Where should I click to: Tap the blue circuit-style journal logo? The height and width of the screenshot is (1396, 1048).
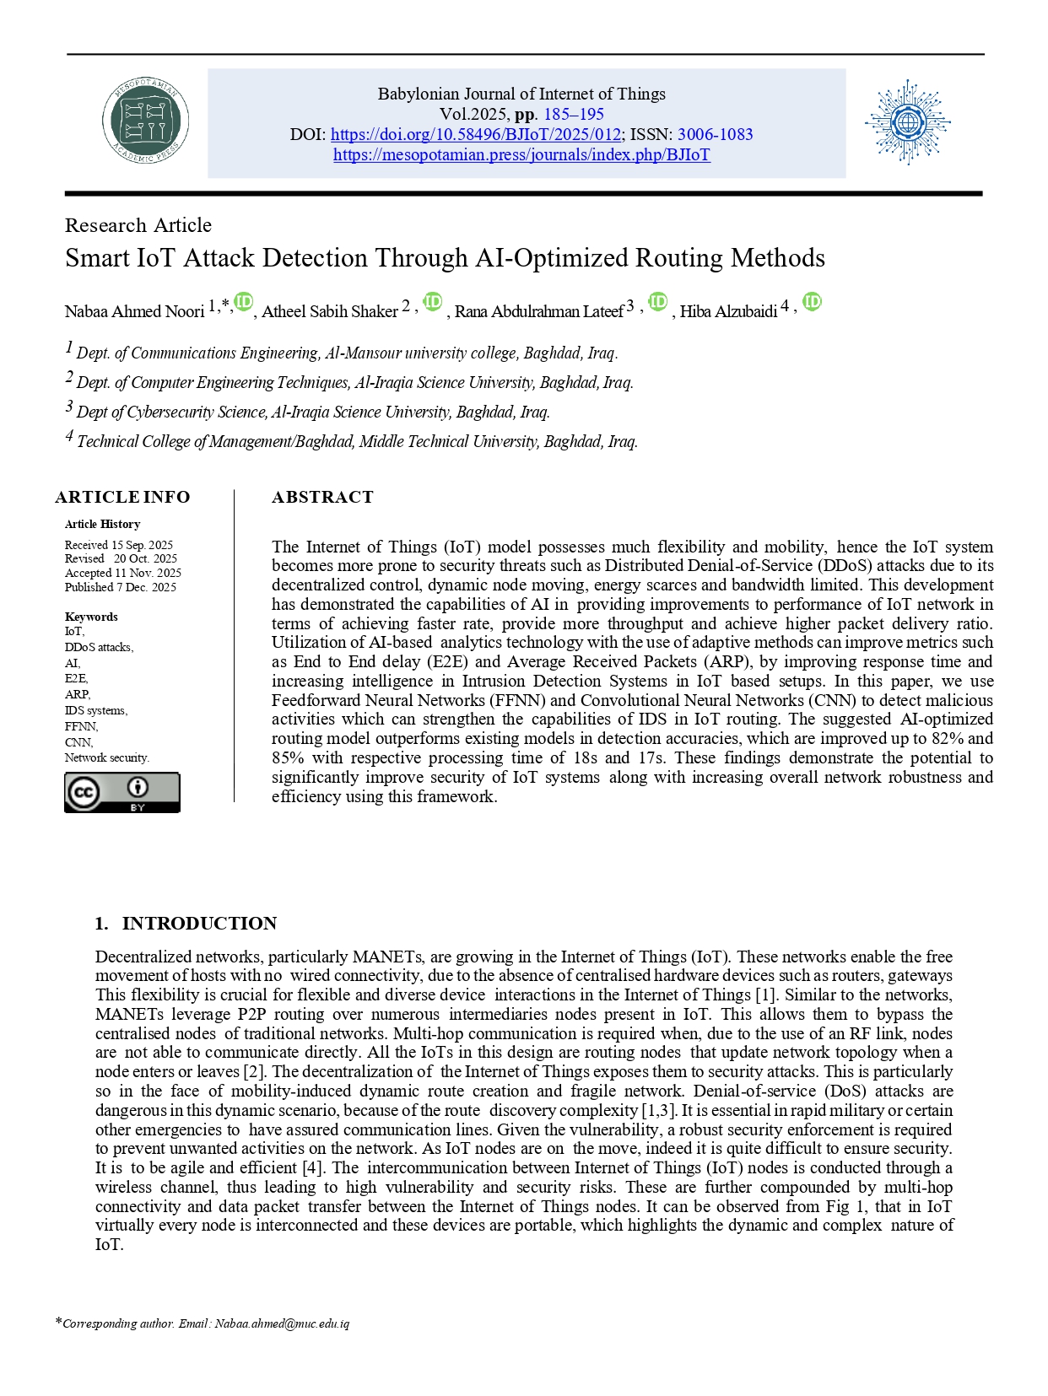[x=907, y=123]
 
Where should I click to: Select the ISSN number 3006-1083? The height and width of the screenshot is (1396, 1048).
[x=715, y=135]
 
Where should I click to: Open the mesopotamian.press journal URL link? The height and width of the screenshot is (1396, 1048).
[x=521, y=155]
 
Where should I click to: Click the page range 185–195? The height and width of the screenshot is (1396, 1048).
[x=574, y=115]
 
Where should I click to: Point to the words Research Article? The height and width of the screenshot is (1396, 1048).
[x=138, y=225]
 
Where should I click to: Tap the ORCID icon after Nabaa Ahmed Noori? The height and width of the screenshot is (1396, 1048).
[x=244, y=302]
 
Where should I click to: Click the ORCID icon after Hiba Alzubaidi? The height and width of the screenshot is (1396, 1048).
[x=812, y=302]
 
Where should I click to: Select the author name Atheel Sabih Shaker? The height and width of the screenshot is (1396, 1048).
[x=330, y=311]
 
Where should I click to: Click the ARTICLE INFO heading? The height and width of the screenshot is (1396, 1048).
[x=122, y=497]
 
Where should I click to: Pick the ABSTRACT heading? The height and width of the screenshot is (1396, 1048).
[x=322, y=497]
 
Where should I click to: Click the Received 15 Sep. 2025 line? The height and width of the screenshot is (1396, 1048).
[x=119, y=545]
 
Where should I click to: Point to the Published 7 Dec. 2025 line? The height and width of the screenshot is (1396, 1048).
[x=121, y=587]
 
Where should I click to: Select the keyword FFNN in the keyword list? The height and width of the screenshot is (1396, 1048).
[x=81, y=726]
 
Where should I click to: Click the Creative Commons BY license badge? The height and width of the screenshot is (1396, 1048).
[x=122, y=793]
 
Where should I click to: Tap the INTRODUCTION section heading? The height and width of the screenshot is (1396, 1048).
[x=199, y=923]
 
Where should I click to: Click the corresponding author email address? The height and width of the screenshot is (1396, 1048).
[x=282, y=1323]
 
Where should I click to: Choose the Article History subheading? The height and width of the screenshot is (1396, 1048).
[x=103, y=524]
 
